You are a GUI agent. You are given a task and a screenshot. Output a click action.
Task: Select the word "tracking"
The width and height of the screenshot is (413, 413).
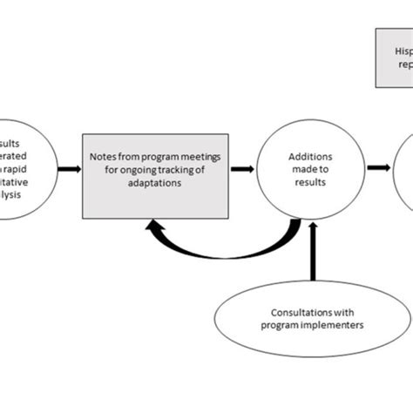pyautogui.click(x=177, y=170)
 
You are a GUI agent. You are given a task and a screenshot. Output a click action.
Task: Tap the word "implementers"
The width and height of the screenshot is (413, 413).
pyautogui.click(x=327, y=326)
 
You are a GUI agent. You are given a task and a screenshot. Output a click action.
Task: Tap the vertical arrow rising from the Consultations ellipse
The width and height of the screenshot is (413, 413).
pyautogui.click(x=311, y=253)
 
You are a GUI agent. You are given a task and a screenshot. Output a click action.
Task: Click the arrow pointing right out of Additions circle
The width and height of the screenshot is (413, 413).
pyautogui.click(x=379, y=167)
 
